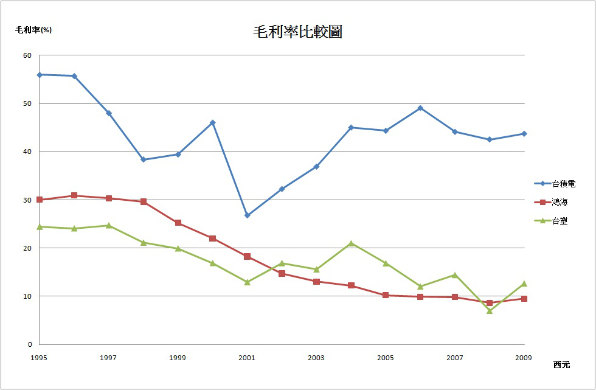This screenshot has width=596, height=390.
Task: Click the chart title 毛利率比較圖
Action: point(297,32)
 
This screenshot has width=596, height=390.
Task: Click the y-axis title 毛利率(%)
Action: point(33,30)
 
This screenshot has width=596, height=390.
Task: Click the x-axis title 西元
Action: point(561,365)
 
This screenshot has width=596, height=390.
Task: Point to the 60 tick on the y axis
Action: point(27,55)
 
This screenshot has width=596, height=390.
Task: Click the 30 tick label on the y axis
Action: point(27,200)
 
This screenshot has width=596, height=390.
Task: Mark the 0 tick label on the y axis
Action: point(29,344)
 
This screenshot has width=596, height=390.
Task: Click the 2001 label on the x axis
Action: point(247,357)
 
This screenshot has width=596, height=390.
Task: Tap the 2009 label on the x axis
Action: point(524,357)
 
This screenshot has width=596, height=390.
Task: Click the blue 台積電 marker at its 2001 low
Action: point(247,215)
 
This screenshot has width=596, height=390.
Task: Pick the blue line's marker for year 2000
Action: point(212,123)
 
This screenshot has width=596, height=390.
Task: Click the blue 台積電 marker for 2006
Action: point(420,108)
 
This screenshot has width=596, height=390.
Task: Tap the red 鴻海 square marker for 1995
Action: point(40,200)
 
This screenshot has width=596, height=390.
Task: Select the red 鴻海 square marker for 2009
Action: point(524,299)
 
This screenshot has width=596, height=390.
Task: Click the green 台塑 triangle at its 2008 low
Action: point(489,311)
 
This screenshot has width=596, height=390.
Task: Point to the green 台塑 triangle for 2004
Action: point(351,243)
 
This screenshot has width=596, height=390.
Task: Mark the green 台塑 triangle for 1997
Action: point(109,226)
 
